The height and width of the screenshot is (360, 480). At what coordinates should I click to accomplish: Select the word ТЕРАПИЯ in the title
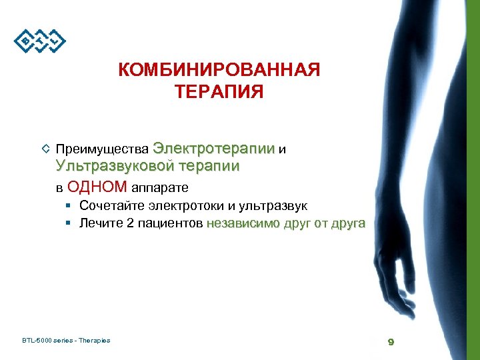(219, 91)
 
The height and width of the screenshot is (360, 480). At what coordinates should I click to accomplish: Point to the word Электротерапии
(214, 148)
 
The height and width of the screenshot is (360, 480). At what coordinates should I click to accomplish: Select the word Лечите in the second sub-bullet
(100, 223)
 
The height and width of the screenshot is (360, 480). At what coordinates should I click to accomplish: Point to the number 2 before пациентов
(129, 223)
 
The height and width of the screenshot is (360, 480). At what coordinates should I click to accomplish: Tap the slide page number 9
(391, 342)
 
